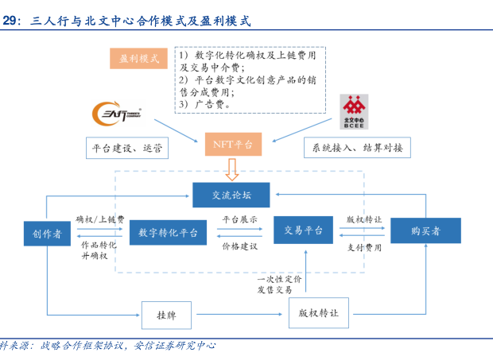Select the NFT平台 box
(231, 144)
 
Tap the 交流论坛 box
(231, 195)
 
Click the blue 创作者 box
(48, 232)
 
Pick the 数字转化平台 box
(168, 232)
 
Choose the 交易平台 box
(303, 230)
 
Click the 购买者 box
(425, 230)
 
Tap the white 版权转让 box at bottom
(318, 314)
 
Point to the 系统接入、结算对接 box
(358, 148)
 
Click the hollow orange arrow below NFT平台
(231, 168)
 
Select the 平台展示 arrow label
(239, 219)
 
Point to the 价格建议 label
(239, 246)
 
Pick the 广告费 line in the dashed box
(205, 104)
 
